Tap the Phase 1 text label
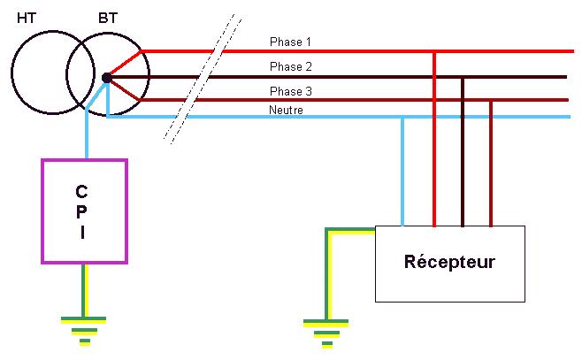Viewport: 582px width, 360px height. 290,42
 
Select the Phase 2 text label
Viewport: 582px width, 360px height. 290,66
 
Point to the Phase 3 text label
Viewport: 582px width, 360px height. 290,91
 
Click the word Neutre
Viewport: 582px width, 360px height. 287,110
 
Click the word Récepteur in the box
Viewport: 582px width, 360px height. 449,262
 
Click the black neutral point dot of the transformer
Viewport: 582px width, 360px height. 107,78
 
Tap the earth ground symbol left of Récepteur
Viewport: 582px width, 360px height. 328,331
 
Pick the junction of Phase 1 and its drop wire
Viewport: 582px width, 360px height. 434,51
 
